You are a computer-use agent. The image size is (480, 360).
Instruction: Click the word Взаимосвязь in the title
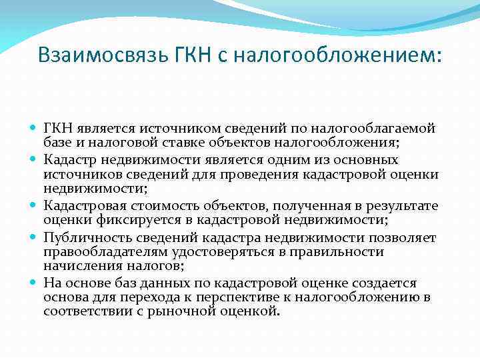coord(96,55)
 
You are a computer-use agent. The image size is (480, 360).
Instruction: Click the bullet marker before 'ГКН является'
coord(34,127)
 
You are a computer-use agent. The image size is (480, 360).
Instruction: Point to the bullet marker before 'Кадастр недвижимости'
coord(34,160)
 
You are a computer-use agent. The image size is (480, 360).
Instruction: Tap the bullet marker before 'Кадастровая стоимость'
coord(34,205)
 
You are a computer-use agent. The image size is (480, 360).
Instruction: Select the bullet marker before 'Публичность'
coord(34,238)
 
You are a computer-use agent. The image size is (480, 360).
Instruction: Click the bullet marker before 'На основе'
coord(34,283)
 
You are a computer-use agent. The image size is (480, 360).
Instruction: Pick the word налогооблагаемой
coord(379,127)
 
